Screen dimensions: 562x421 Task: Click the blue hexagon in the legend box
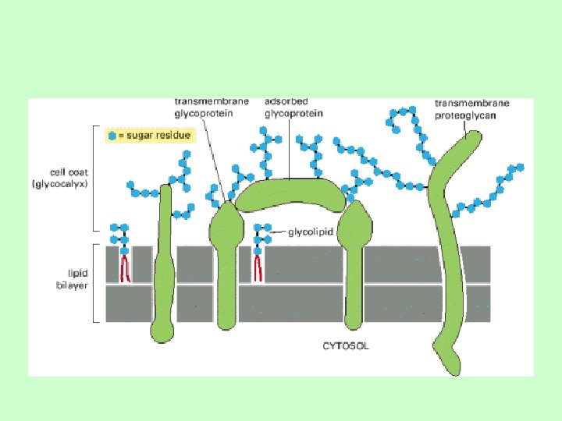[112, 136]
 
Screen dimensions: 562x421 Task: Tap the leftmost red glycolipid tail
[124, 267]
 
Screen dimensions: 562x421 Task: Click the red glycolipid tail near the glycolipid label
[258, 267]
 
